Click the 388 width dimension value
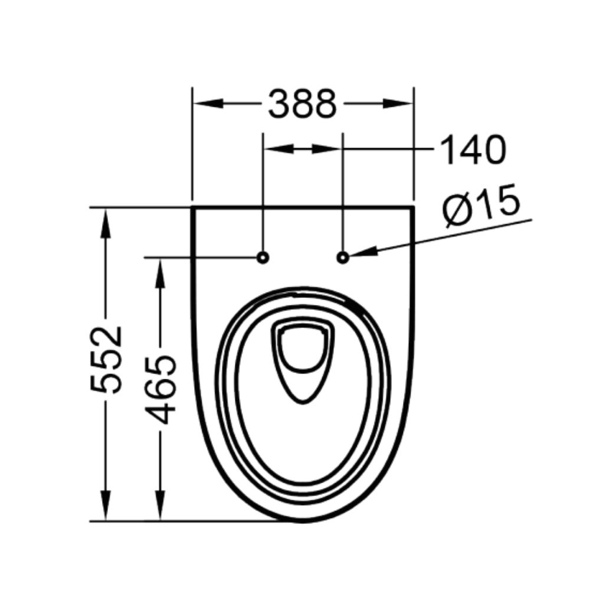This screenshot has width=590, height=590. [302, 104]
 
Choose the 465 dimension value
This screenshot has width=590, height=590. [160, 389]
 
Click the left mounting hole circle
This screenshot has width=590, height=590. [263, 257]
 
